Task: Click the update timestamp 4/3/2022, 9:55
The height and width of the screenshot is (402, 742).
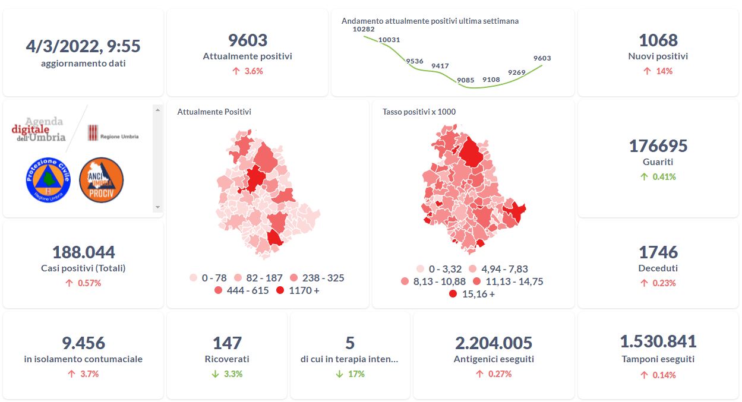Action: (x=83, y=46)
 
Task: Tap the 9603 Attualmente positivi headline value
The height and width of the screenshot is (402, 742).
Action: (x=248, y=40)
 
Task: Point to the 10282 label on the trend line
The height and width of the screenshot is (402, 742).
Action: (x=364, y=29)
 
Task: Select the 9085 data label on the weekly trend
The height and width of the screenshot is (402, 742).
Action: (x=466, y=80)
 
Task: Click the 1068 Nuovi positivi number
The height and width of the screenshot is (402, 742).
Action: (x=658, y=40)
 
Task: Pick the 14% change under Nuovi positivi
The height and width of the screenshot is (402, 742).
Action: (x=658, y=71)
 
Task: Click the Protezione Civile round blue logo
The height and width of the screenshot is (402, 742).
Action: (x=48, y=180)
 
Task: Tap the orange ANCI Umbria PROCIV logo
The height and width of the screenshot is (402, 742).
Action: (x=101, y=180)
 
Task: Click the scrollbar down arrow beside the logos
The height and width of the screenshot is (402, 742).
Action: (x=157, y=207)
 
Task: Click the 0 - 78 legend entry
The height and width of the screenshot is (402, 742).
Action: (x=207, y=278)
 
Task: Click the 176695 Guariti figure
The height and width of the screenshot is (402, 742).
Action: (x=658, y=145)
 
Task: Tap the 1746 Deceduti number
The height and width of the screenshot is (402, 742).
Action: (x=658, y=252)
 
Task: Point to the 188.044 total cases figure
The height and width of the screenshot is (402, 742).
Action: (x=83, y=252)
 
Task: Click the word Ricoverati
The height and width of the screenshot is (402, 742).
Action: (x=227, y=359)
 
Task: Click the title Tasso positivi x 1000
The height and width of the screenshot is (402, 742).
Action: (x=419, y=112)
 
